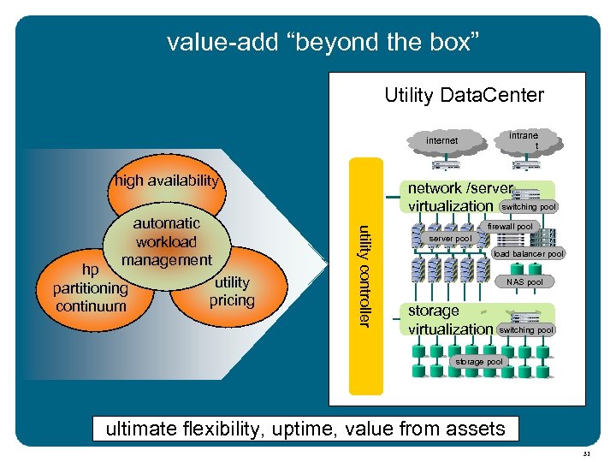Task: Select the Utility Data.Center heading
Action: pyautogui.click(x=464, y=95)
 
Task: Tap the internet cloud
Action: pyautogui.click(x=442, y=140)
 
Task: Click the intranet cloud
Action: pyautogui.click(x=524, y=140)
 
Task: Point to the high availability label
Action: pyautogui.click(x=167, y=181)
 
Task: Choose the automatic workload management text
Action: pyautogui.click(x=166, y=242)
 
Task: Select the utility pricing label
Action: pyautogui.click(x=232, y=291)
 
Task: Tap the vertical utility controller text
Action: pyautogui.click(x=364, y=275)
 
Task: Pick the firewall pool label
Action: pyautogui.click(x=510, y=227)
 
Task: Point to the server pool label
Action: pyautogui.click(x=450, y=239)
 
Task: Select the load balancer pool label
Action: pyautogui.click(x=529, y=254)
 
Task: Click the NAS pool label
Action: pyautogui.click(x=524, y=281)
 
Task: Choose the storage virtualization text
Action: pyautogui.click(x=450, y=320)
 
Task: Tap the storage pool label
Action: pyautogui.click(x=479, y=362)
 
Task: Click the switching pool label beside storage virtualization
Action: pyautogui.click(x=526, y=329)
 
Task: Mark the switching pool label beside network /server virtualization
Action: pyautogui.click(x=529, y=207)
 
